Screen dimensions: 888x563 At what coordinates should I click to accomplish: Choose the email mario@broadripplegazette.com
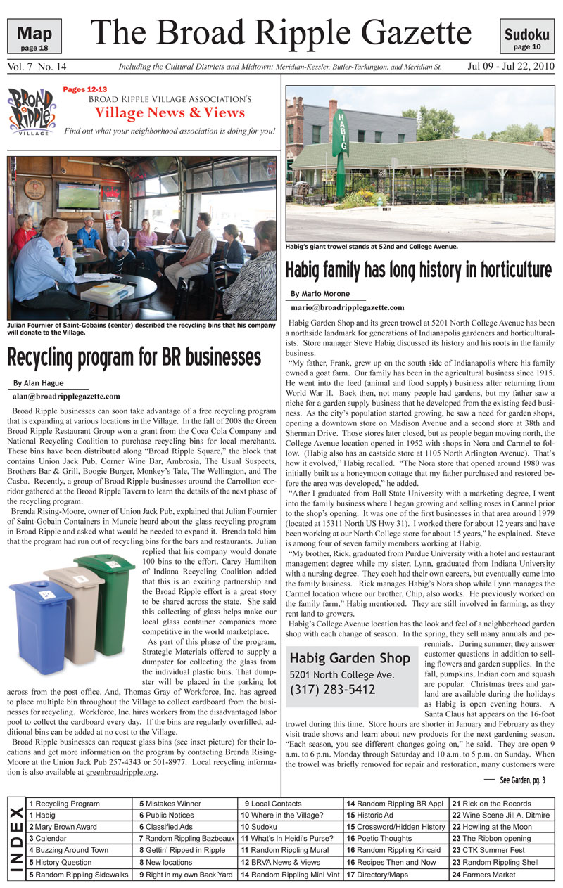[347, 307]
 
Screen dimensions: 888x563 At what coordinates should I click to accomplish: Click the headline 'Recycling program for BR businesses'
[134, 356]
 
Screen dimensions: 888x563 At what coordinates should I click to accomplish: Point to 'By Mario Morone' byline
[321, 294]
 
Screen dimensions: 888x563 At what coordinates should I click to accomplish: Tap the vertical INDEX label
[15, 839]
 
